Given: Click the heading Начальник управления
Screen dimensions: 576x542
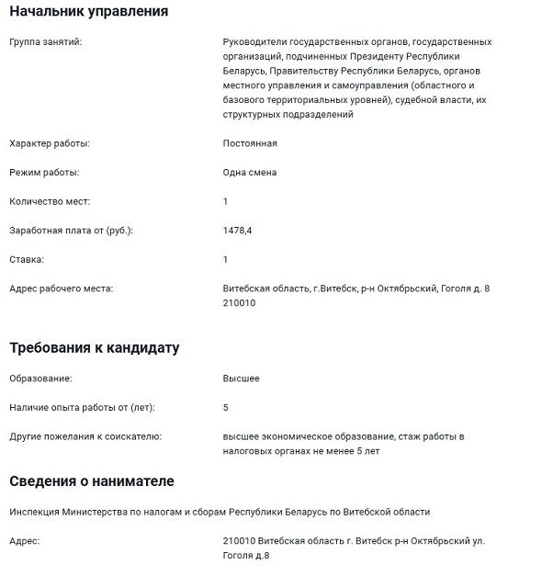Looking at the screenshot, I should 88,12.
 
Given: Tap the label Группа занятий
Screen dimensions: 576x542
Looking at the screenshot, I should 45,42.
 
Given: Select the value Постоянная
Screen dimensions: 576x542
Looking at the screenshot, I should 250,143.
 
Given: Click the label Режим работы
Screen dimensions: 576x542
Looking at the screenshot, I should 43,172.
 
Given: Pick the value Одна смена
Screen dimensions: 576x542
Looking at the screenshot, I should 250,172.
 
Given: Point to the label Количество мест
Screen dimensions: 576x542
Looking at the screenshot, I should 50,201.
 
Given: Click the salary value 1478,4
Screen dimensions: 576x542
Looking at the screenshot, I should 237,231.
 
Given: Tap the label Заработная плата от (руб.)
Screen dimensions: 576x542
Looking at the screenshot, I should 71,231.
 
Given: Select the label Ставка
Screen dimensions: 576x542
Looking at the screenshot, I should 27,260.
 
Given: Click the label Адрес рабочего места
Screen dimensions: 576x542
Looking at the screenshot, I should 61,289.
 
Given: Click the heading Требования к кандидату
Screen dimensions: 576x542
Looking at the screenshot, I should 95,348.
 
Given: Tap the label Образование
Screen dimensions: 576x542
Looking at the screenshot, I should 40,378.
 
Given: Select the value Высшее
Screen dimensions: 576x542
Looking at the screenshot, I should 242,378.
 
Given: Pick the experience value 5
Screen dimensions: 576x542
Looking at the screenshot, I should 226,407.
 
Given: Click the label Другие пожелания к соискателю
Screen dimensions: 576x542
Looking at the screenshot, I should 85,436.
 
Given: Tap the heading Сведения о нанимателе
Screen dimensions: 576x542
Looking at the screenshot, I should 92,481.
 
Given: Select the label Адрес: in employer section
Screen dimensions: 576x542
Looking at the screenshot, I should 25,541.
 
